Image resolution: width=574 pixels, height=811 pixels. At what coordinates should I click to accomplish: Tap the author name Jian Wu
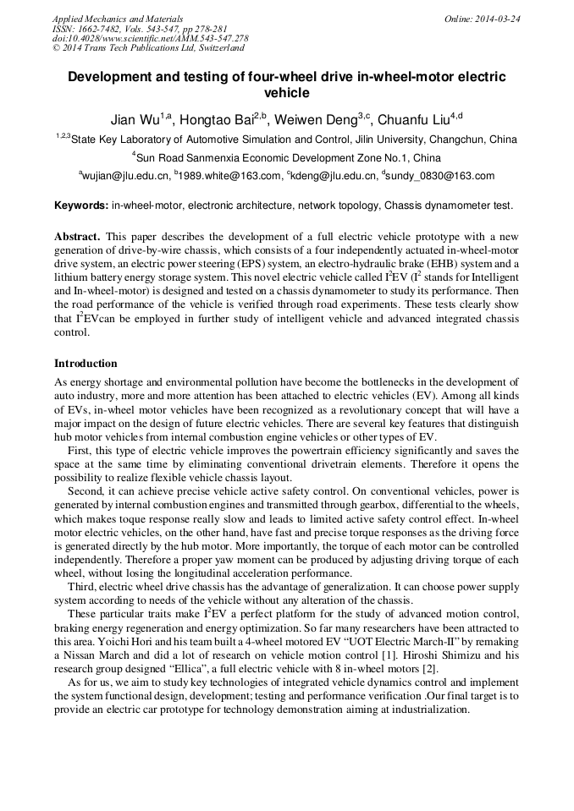pyautogui.click(x=134, y=119)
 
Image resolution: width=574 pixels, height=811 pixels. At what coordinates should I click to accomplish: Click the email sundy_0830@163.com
pyautogui.click(x=441, y=176)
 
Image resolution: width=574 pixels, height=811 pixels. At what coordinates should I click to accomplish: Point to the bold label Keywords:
pyautogui.click(x=81, y=205)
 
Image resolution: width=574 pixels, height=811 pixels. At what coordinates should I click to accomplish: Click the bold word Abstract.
pyautogui.click(x=78, y=236)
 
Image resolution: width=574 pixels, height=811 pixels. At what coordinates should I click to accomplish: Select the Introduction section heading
pyautogui.click(x=86, y=364)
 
